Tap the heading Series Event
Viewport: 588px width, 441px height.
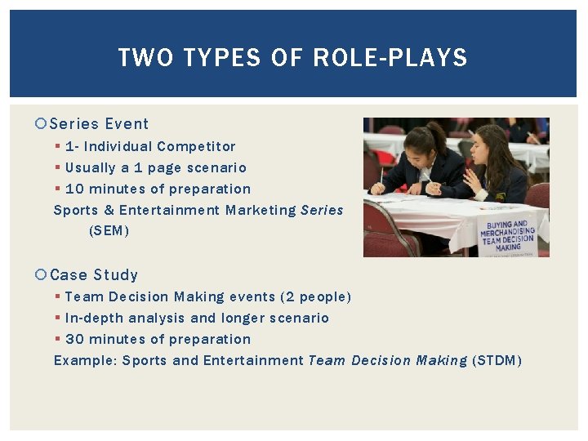click(x=99, y=124)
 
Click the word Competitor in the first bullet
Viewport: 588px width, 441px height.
click(x=196, y=147)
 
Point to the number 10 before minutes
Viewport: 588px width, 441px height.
click(x=74, y=189)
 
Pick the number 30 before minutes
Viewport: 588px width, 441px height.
click(x=74, y=340)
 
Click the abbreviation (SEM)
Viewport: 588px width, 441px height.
click(x=109, y=231)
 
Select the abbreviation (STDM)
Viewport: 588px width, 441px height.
click(x=497, y=361)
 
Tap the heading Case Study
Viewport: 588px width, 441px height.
click(x=94, y=275)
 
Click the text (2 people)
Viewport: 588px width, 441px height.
click(x=315, y=297)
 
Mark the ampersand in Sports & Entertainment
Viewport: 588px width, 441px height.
click(x=109, y=211)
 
